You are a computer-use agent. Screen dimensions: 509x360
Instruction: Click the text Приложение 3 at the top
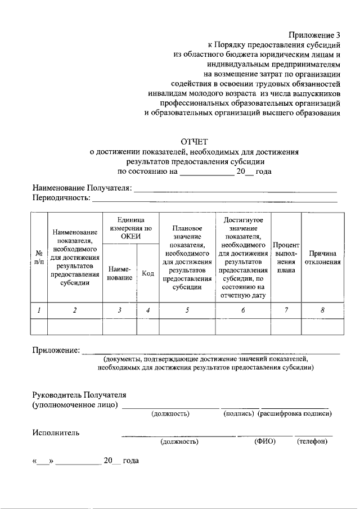[x=314, y=34]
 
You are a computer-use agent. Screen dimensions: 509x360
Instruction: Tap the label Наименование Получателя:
[x=82, y=187]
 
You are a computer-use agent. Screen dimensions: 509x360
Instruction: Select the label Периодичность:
[x=61, y=198]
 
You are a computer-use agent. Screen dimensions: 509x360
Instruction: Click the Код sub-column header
[x=148, y=273]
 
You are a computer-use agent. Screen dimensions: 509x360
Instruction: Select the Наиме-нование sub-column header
[x=119, y=273]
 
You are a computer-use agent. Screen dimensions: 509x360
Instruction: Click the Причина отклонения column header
[x=323, y=257]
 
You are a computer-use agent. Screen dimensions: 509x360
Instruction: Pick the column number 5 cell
[x=187, y=310]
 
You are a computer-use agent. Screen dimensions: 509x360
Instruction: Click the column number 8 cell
[x=323, y=310]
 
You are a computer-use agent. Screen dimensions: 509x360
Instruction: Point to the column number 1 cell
[x=39, y=310]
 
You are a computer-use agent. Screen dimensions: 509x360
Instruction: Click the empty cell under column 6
[x=243, y=327]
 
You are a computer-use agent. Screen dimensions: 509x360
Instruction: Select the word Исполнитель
[x=56, y=433]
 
